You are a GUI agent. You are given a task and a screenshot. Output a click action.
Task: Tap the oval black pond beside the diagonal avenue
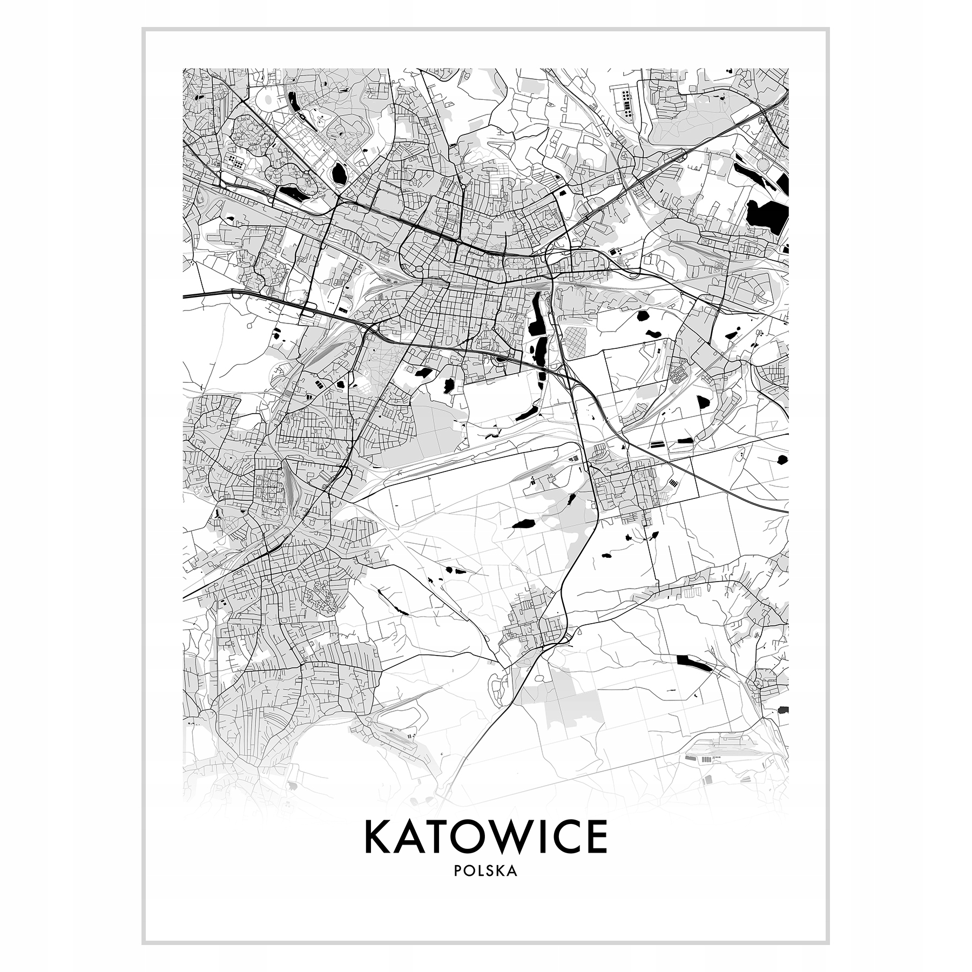pyautogui.click(x=340, y=173)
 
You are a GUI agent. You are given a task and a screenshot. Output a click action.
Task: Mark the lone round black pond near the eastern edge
pyautogui.click(x=782, y=460)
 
